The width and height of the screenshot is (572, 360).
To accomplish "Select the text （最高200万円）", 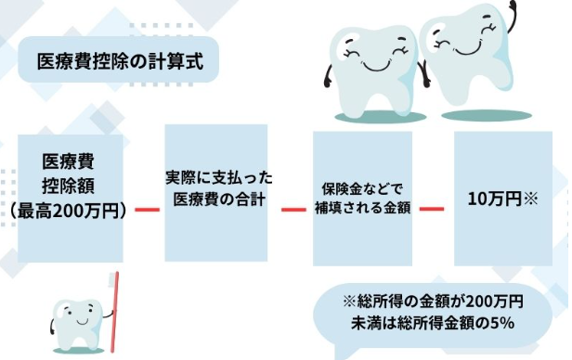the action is [71, 210].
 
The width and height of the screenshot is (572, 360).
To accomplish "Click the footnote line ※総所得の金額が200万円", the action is [435, 302].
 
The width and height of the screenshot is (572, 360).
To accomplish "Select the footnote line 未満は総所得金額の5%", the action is [435, 323].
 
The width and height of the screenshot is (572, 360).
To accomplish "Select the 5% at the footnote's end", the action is [504, 323].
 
